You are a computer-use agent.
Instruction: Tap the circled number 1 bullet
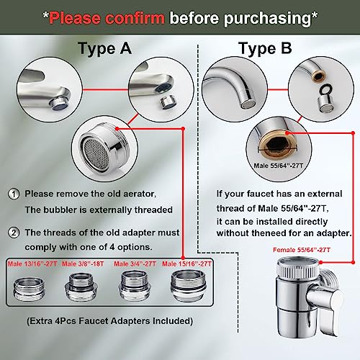[x=14, y=194]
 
